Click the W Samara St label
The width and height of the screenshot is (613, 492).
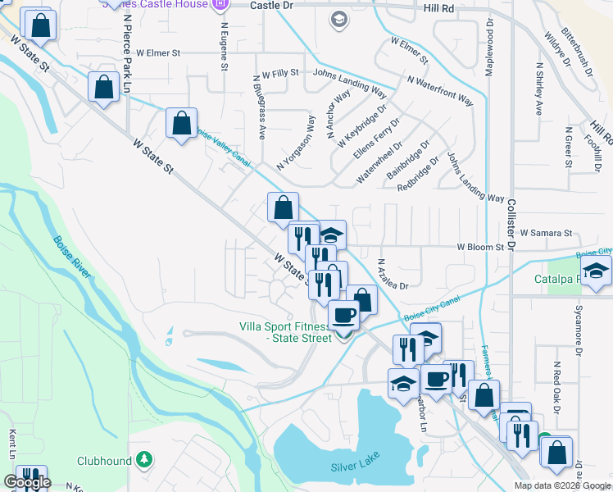(x=546, y=234)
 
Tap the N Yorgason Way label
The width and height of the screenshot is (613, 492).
(x=296, y=142)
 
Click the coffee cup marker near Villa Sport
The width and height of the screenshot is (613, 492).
(x=343, y=314)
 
